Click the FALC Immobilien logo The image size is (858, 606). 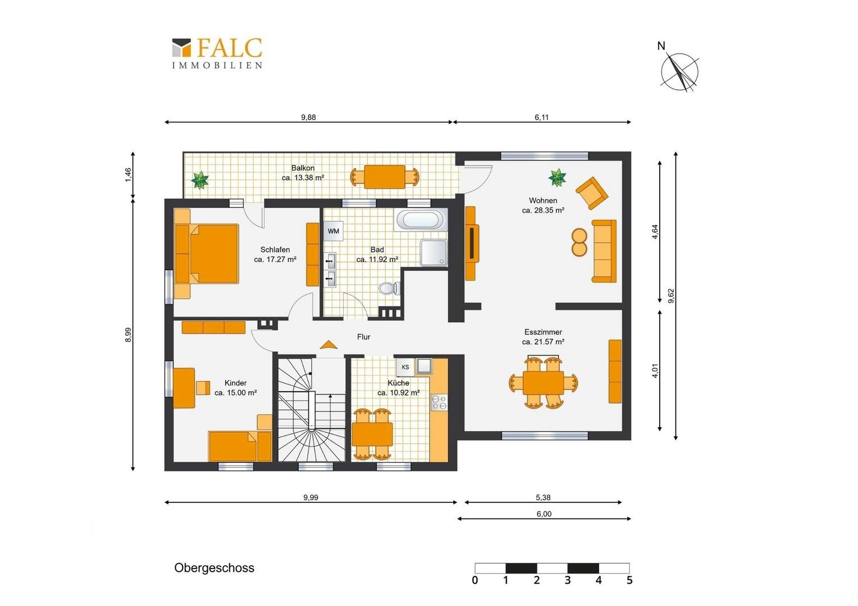coord(217,53)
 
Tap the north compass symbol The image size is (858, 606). coord(679,69)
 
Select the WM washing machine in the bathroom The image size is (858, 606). coord(333,231)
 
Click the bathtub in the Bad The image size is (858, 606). coord(420,220)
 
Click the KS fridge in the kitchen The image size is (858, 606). coord(405,367)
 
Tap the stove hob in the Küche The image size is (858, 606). coord(439,402)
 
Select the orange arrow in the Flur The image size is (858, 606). coord(328,345)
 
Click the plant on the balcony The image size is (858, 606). coord(200,180)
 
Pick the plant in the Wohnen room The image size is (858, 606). coord(557,177)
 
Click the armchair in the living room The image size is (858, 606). coord(592,192)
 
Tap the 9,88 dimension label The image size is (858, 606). coord(308,117)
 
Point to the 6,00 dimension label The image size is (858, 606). coord(544,514)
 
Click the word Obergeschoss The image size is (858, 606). coord(214,567)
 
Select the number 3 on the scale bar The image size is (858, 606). coord(568,580)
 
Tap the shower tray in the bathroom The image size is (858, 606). coord(433,252)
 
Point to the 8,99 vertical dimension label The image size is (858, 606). coord(128,334)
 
